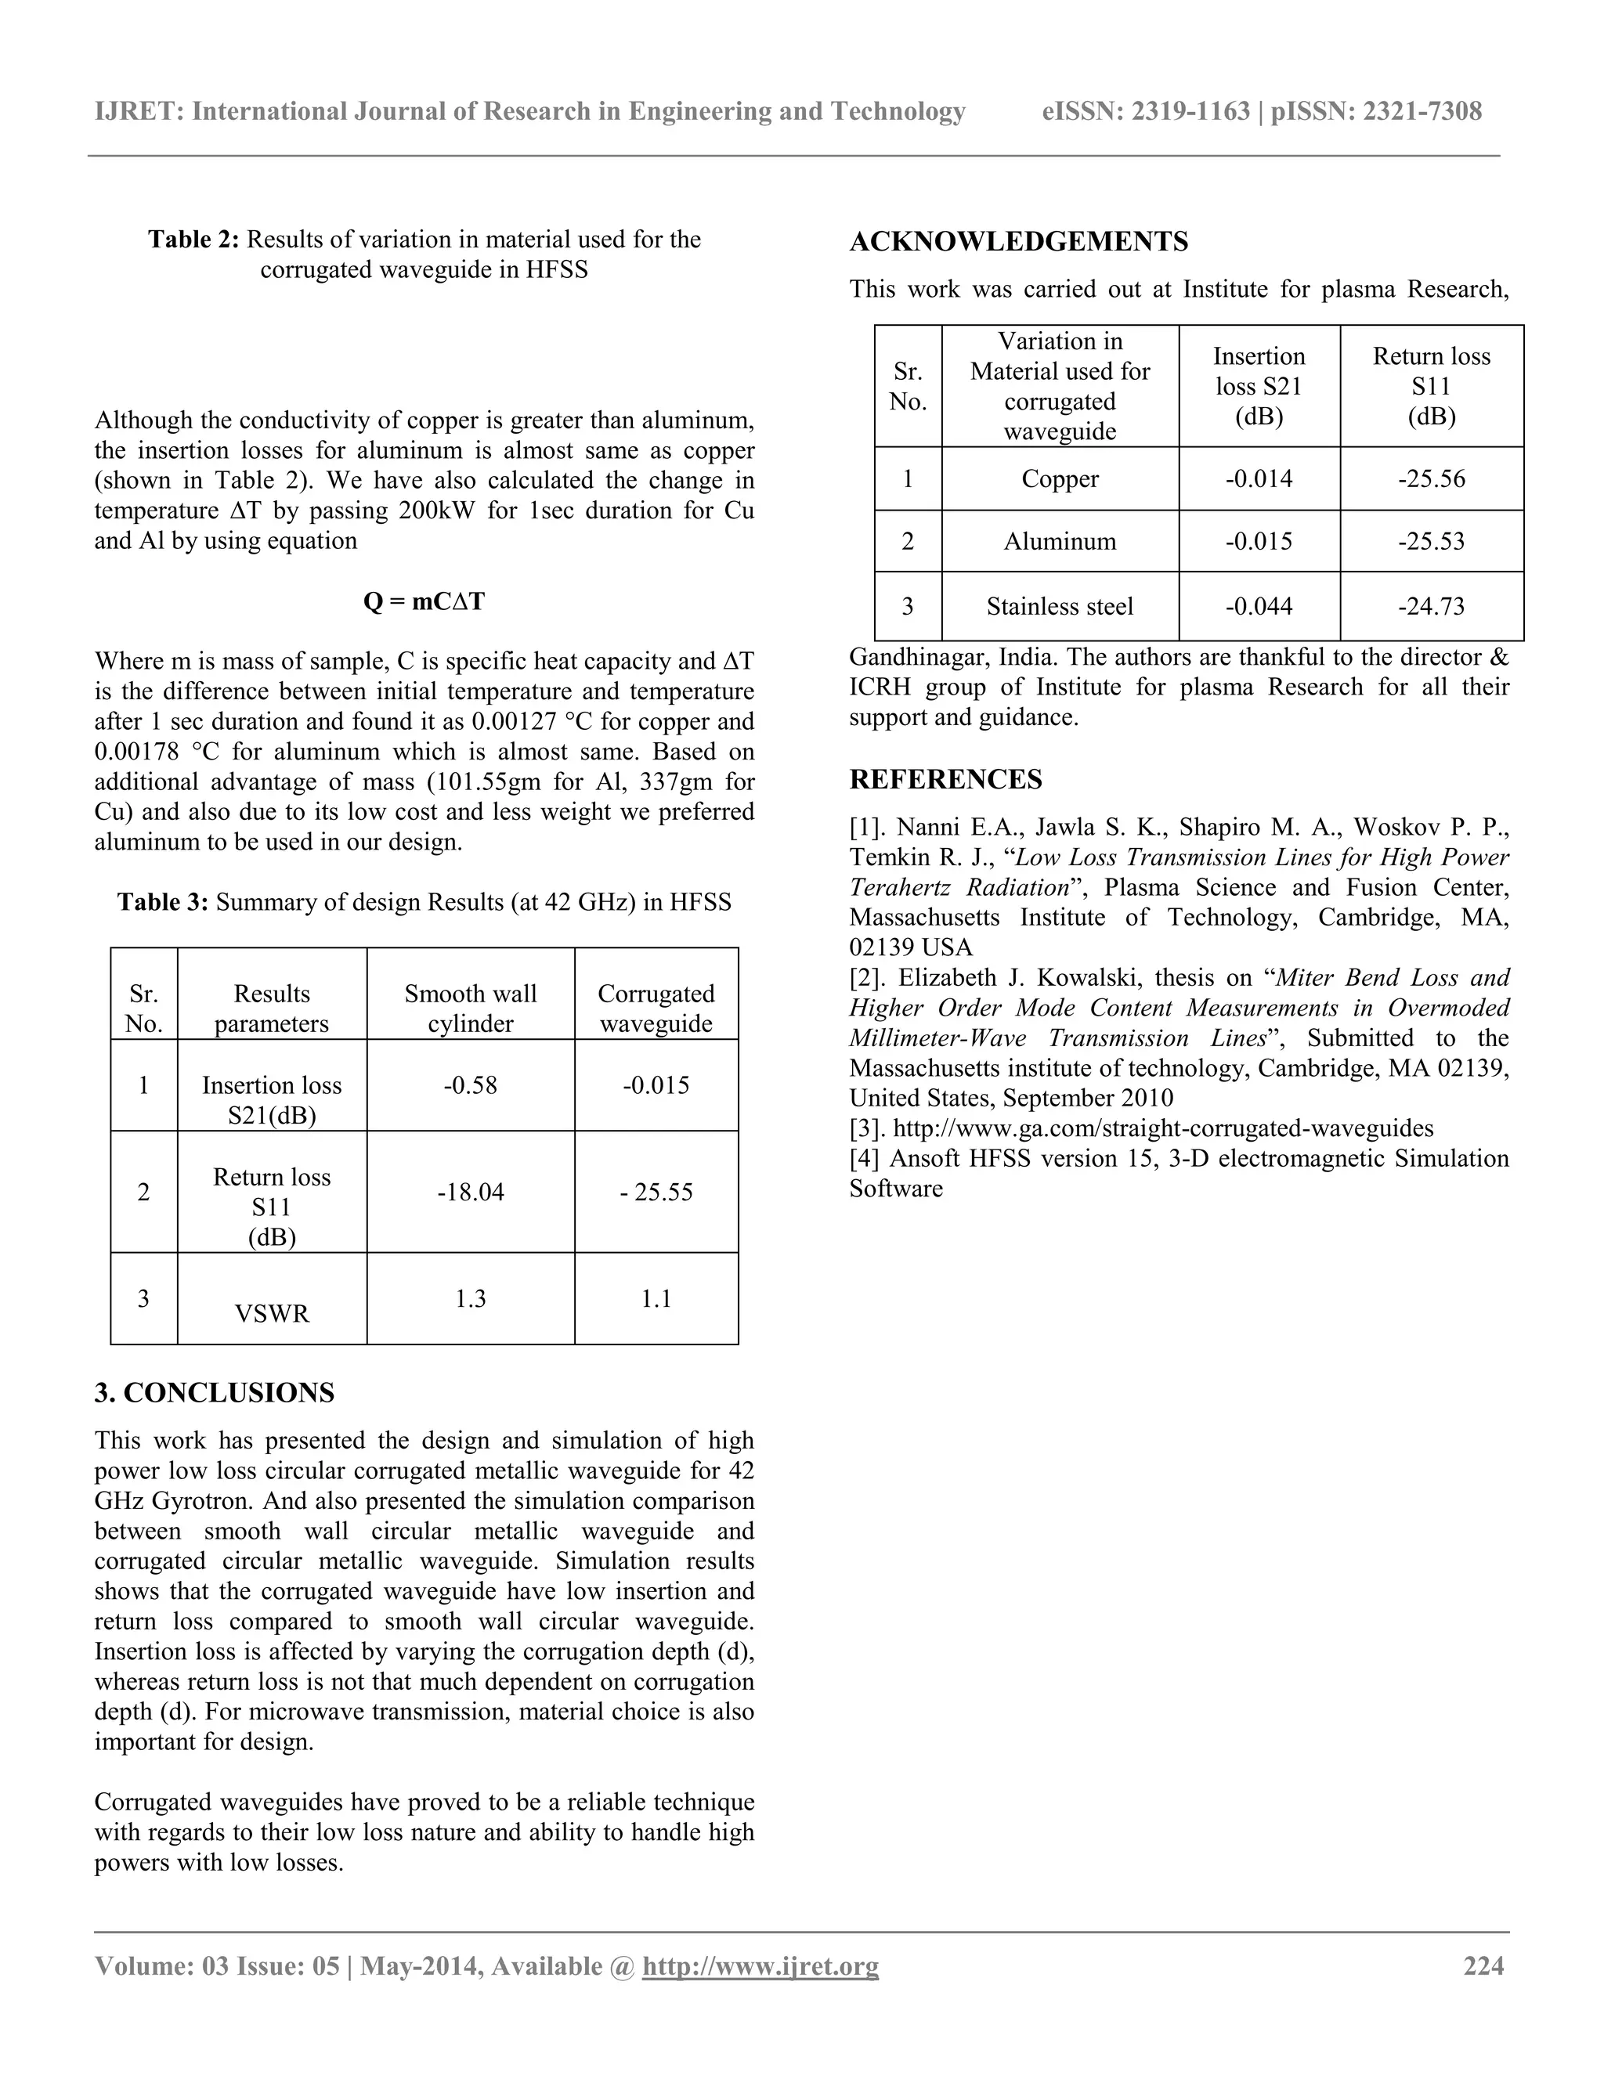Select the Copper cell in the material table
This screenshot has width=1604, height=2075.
point(1060,479)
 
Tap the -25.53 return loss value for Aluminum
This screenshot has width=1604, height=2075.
point(1431,542)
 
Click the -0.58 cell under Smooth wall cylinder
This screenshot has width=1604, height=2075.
point(471,1085)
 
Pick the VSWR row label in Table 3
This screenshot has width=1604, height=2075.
point(272,1313)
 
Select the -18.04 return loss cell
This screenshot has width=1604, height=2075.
point(471,1192)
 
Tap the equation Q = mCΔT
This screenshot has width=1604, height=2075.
point(424,601)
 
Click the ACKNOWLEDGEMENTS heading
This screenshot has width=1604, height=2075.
point(1019,242)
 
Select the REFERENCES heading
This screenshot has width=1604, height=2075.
point(945,780)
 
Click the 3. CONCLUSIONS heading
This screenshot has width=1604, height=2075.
point(215,1393)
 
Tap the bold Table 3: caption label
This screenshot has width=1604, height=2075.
point(162,901)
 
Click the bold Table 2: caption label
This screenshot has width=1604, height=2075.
point(194,240)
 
